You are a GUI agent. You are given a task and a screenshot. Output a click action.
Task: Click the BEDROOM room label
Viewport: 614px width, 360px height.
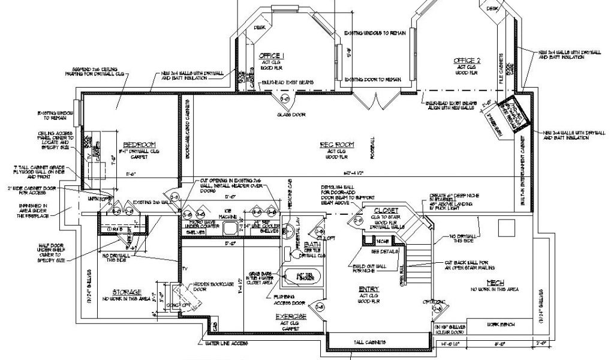[x=139, y=145]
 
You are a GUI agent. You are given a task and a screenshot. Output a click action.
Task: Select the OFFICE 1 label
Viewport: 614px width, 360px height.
[x=272, y=56]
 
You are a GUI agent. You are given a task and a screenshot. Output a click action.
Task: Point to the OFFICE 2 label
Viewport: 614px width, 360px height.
[x=467, y=61]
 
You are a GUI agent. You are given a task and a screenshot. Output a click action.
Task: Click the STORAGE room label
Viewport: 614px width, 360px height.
[x=126, y=292]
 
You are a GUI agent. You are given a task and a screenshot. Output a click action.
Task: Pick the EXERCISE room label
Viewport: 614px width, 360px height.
[x=291, y=316]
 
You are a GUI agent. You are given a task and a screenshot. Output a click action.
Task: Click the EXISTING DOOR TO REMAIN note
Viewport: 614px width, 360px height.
[x=372, y=79]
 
